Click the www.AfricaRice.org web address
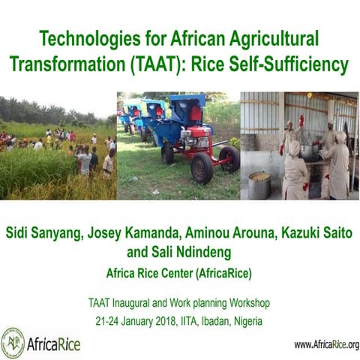point(325,344)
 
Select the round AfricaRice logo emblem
point(13,343)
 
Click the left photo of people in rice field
point(58,146)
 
